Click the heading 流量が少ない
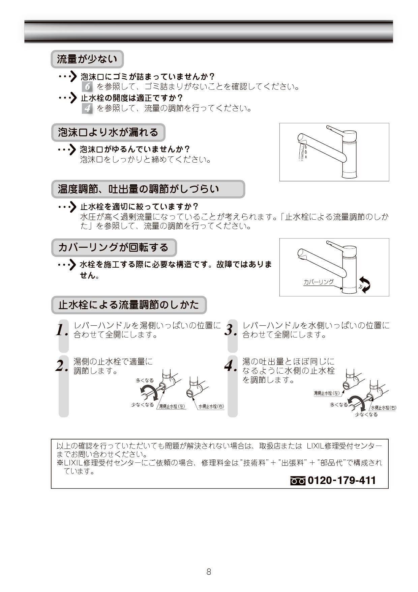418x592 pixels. click(87, 59)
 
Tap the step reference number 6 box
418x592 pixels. click(87, 87)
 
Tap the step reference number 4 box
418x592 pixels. click(87, 108)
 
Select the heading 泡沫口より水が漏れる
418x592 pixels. click(108, 132)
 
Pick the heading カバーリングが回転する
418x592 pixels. click(114, 247)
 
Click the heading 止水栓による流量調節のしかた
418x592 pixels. click(128, 305)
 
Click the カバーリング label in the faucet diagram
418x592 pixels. click(318, 282)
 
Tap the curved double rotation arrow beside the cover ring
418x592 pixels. click(365, 285)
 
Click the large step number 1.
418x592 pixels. click(62, 330)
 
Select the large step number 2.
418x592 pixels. click(62, 366)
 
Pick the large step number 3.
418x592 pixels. click(231, 330)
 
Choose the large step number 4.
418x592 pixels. click(231, 366)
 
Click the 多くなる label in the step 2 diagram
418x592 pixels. click(145, 380)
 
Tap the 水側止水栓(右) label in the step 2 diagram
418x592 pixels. click(211, 406)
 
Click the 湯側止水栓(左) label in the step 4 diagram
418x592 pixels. click(327, 393)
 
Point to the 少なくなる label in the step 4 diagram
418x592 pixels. click(366, 414)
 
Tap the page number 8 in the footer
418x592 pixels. click(209, 572)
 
